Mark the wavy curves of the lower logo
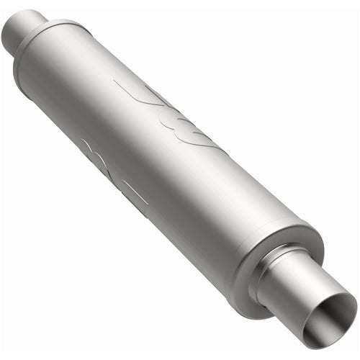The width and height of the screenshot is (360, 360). click(x=97, y=155)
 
